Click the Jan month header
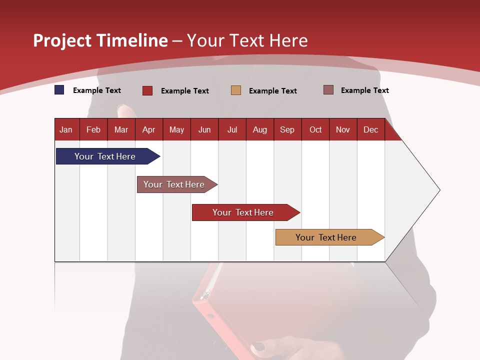click(x=66, y=129)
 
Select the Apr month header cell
click(x=149, y=129)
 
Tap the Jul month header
click(x=232, y=129)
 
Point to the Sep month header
click(x=287, y=129)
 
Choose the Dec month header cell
click(x=370, y=129)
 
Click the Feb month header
click(x=93, y=129)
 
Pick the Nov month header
click(x=343, y=129)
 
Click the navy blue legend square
click(x=59, y=90)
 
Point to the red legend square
click(x=147, y=90)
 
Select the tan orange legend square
click(x=236, y=90)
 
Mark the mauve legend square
click(x=328, y=90)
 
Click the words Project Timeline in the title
click(x=100, y=40)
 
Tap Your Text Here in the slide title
click(x=247, y=40)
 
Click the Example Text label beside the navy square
click(x=97, y=90)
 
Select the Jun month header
click(x=204, y=129)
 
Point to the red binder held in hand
click(x=235, y=310)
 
